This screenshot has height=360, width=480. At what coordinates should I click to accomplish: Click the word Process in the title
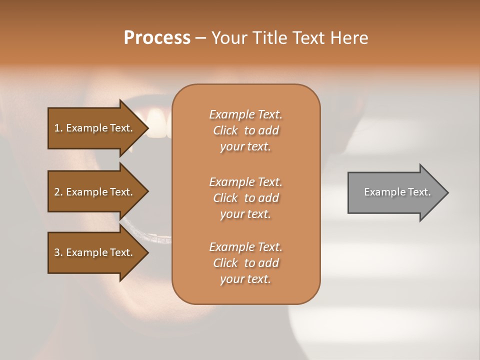point(157,38)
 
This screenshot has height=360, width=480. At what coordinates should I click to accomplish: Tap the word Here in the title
point(349,38)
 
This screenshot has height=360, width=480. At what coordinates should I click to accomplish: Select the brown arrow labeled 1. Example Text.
point(95,128)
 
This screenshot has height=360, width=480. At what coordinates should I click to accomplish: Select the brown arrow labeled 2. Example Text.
point(95,192)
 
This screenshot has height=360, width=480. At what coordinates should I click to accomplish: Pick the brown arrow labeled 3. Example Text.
point(95,252)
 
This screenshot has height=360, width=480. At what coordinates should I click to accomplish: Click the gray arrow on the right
point(395,192)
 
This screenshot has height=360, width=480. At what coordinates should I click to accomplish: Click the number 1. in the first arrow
point(58,128)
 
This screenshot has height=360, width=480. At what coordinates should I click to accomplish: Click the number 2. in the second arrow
point(58,192)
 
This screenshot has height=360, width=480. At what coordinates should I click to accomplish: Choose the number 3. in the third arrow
point(58,252)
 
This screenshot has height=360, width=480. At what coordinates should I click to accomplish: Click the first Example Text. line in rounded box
point(245,114)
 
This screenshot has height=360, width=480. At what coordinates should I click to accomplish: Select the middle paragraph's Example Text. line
point(245,181)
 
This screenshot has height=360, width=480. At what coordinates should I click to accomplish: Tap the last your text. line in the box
point(245,279)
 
